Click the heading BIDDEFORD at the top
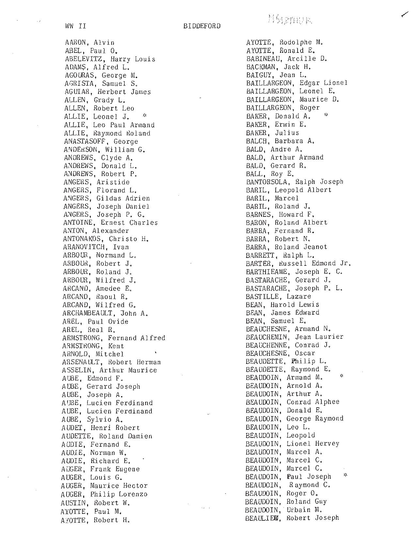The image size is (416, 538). [202, 26]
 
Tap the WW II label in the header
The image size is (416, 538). [75, 26]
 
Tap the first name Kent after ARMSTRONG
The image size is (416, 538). [116, 346]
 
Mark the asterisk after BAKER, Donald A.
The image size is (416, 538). [326, 115]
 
